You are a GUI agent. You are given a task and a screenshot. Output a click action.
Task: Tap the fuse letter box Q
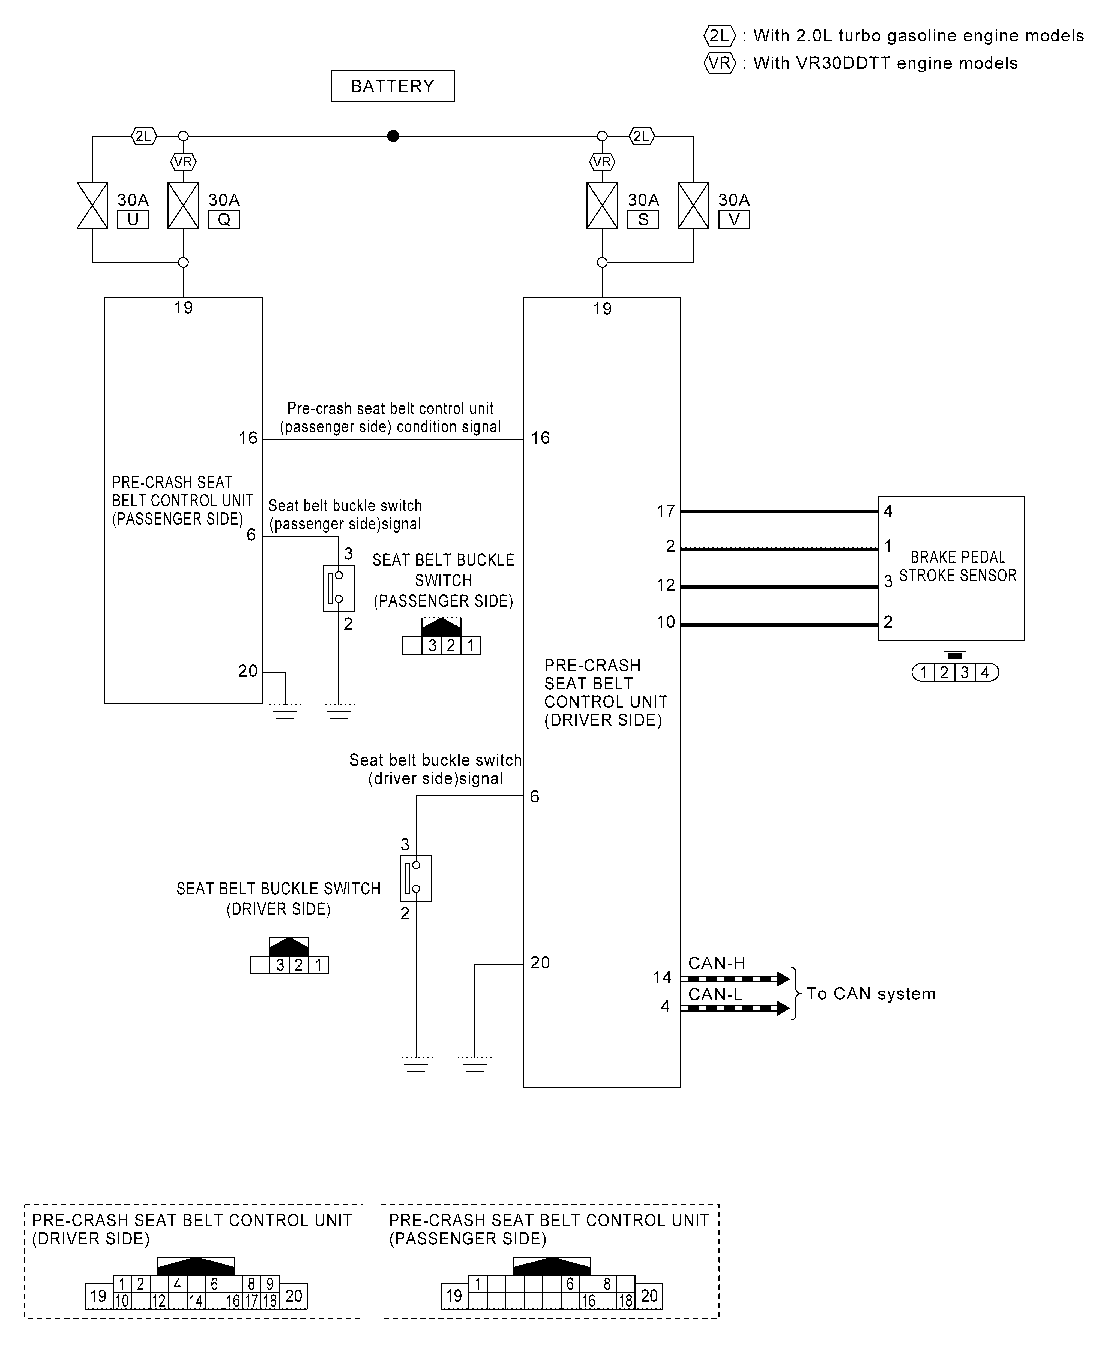click(224, 219)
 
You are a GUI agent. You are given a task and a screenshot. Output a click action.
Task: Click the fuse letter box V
click(734, 219)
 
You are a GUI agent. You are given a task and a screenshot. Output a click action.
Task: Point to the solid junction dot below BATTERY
click(393, 136)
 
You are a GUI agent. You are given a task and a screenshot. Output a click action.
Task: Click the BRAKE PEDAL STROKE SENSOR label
click(957, 566)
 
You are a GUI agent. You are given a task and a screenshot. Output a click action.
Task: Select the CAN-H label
click(717, 963)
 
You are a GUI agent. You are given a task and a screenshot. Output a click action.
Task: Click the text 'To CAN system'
click(871, 993)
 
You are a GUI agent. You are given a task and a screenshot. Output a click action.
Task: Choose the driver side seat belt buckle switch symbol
click(416, 878)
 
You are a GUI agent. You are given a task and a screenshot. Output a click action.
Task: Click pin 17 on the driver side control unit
click(665, 511)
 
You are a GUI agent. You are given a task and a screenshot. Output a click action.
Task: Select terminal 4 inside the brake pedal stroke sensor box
click(888, 511)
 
